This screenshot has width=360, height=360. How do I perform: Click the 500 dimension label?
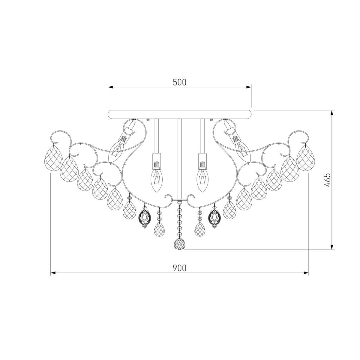tap(179, 82)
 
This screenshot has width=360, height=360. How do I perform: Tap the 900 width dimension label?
tap(179, 268)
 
